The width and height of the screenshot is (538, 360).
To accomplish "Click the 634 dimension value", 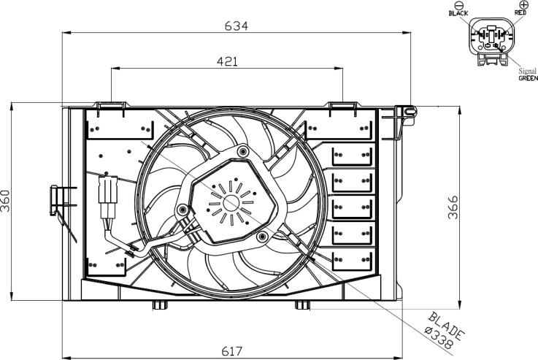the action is [x=236, y=26].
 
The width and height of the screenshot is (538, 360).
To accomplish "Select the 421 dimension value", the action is [x=227, y=61].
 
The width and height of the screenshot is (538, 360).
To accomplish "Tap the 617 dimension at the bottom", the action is [x=232, y=351].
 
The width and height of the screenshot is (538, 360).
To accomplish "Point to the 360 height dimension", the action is [x=6, y=201].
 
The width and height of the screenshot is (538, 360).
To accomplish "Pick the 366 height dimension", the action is [x=453, y=207].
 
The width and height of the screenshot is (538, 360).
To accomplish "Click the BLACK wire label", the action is [x=458, y=13].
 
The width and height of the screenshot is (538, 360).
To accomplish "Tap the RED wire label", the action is [x=520, y=12].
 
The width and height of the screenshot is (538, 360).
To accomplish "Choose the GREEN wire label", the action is [x=528, y=78].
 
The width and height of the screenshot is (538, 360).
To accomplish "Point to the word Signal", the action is [x=527, y=71].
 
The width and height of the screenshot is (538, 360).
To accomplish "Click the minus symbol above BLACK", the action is [x=458, y=5].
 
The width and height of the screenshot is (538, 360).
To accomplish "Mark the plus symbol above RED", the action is [x=523, y=4].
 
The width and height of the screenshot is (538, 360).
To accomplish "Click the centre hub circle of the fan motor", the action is [x=231, y=203].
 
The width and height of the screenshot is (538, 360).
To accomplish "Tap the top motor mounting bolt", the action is [x=243, y=150].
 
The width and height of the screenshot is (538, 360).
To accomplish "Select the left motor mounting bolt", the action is [x=183, y=209].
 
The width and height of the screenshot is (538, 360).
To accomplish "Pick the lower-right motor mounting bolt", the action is [x=263, y=236].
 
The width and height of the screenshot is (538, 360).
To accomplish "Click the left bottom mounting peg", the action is [x=160, y=305].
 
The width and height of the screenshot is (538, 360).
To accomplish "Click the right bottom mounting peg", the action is [x=302, y=305].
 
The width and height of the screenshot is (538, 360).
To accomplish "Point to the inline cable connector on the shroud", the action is [x=108, y=198].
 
